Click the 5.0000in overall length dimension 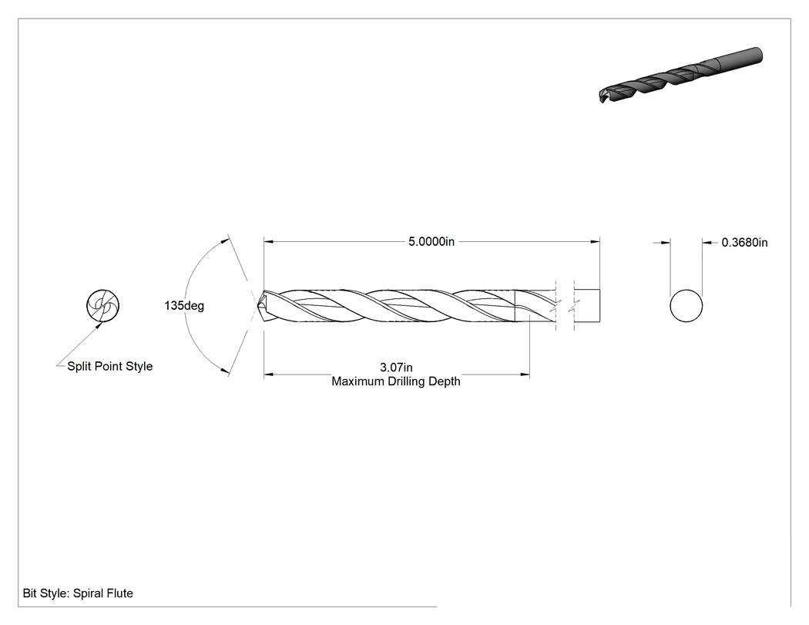coord(431,241)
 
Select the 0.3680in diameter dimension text coord(744,243)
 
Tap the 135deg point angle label coord(184,305)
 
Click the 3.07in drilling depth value coord(396,368)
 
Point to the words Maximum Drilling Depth coord(396,381)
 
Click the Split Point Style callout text coord(110,366)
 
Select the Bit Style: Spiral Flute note coord(78,593)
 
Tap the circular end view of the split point coord(102,305)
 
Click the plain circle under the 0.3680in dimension coord(686,306)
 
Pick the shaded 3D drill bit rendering coord(681,75)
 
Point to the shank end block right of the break coord(587,306)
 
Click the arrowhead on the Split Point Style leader coord(99,324)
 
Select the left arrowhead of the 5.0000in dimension coord(268,241)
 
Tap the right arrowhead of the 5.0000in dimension coord(596,241)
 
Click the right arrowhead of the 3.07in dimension coord(525,375)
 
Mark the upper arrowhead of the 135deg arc coord(224,240)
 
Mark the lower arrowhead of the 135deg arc coord(224,370)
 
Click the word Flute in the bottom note coord(119,593)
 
